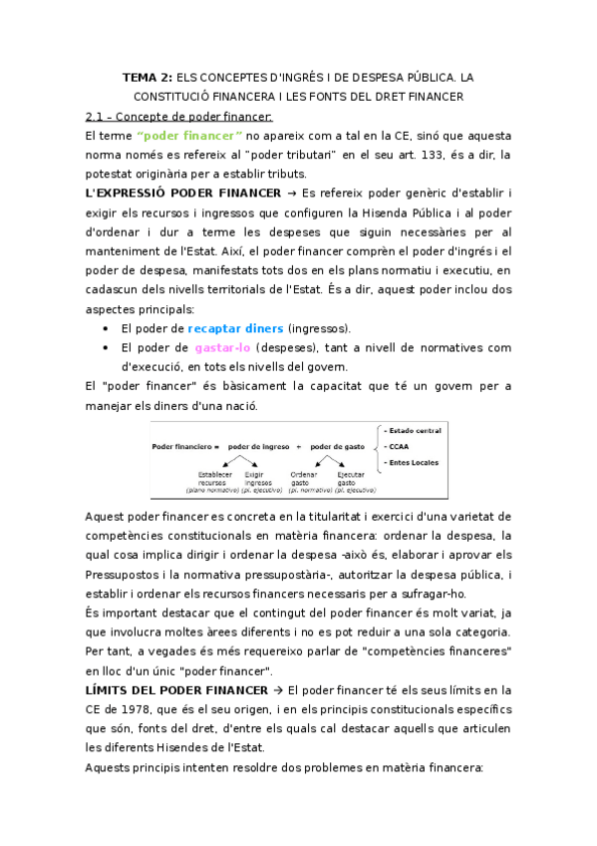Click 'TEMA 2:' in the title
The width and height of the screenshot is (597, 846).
[x=146, y=77]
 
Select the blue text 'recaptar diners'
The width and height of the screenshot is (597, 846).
[x=236, y=328]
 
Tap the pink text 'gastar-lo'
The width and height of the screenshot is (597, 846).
[x=222, y=347]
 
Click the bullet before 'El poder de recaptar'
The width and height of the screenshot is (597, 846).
[x=107, y=328]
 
